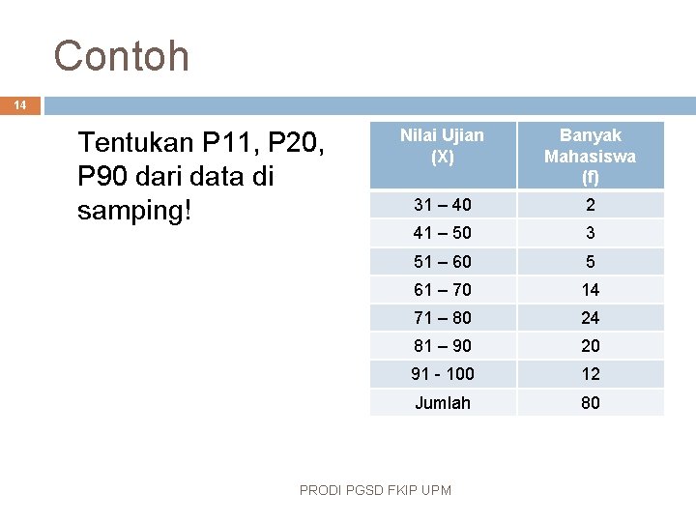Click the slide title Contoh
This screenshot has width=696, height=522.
tap(122, 56)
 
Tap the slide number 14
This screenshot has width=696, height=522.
tap(20, 105)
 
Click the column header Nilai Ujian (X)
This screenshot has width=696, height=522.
tap(443, 145)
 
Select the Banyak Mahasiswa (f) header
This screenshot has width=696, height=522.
tap(590, 156)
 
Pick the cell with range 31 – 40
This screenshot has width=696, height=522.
tap(443, 205)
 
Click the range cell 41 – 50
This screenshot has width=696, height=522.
tap(443, 233)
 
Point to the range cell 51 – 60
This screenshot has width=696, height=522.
tap(443, 262)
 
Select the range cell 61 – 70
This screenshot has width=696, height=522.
tap(443, 290)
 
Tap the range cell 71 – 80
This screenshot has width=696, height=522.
tap(443, 318)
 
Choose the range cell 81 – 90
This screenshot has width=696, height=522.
tap(443, 346)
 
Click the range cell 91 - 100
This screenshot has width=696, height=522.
tap(443, 374)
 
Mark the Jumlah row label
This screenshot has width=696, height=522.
tap(443, 402)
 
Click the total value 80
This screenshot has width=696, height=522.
tap(590, 402)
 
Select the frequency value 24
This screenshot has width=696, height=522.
tap(590, 318)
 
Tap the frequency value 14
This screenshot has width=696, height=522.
tap(590, 290)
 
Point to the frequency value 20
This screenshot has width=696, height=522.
tap(590, 346)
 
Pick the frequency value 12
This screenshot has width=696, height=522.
tap(590, 374)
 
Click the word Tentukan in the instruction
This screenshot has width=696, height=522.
tap(134, 143)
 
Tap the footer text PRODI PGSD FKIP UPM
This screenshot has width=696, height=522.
tap(375, 490)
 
